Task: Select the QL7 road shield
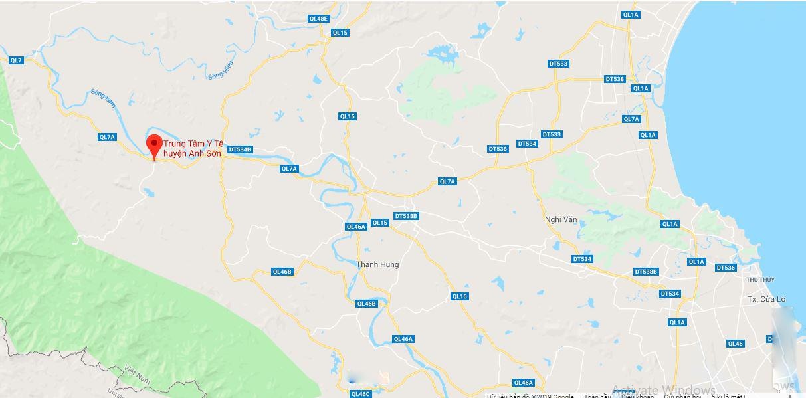point(16,60)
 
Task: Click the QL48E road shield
point(318,19)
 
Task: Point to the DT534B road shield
point(240,149)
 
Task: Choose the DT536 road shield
point(726,268)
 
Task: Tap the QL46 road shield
point(735,344)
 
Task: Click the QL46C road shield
point(359,394)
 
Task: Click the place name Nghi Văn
point(560,219)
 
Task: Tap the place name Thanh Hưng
point(377,264)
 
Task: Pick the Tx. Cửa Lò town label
point(767,299)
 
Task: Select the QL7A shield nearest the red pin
point(107,137)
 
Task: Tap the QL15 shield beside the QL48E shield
point(340,33)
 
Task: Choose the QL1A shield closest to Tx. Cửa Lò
point(676,322)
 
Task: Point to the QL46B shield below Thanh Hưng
point(366,304)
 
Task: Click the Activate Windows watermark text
point(663,390)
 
